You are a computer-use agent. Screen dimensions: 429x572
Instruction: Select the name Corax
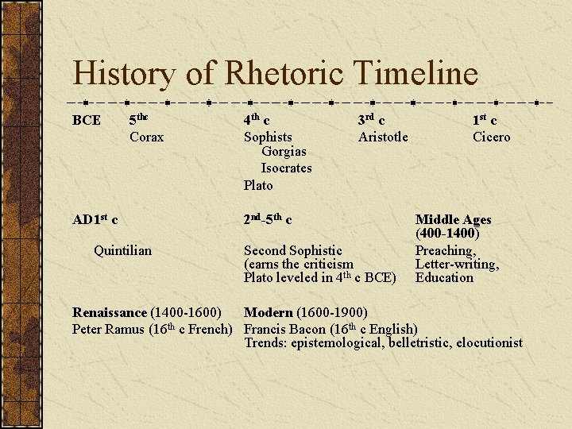point(147,137)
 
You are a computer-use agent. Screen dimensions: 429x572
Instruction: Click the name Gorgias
point(284,151)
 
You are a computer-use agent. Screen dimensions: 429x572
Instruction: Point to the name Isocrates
point(286,168)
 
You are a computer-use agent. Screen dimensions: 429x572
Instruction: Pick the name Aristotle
point(383,137)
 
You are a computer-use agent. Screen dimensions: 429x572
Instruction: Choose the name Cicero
point(492,137)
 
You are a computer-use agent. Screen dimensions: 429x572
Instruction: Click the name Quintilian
point(122,250)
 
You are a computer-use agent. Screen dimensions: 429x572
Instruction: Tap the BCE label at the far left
point(87,121)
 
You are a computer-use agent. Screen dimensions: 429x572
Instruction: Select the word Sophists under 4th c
point(268,137)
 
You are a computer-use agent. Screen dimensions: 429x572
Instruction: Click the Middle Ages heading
point(454,219)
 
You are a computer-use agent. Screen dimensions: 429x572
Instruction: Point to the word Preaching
point(445,250)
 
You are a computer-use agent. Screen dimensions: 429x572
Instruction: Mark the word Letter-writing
point(457,264)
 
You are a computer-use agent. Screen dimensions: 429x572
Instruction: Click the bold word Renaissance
point(110,313)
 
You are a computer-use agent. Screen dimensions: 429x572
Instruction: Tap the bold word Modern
point(268,313)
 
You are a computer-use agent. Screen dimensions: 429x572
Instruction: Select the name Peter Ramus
point(109,329)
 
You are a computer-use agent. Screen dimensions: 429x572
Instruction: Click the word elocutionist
point(487,342)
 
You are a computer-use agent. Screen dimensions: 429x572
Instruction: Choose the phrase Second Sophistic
point(293,250)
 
